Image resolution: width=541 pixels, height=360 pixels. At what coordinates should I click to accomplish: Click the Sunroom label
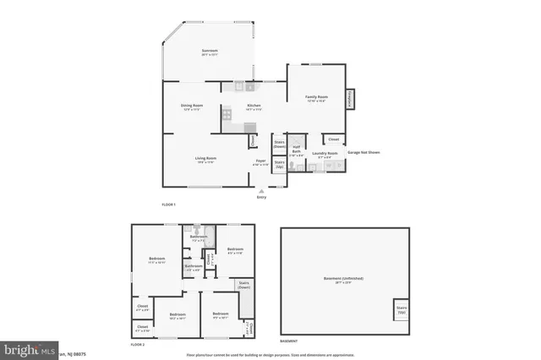click(210, 53)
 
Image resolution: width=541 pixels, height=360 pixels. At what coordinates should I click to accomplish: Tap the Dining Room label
click(192, 106)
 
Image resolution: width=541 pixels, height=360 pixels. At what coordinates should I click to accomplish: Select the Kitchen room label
click(254, 106)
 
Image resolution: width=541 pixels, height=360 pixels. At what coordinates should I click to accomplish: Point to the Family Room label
click(316, 99)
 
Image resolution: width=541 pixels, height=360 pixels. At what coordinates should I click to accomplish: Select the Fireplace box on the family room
click(348, 99)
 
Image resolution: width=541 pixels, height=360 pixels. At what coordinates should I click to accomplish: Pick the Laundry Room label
click(327, 155)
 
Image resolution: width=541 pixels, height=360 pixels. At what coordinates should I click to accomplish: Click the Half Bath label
click(297, 152)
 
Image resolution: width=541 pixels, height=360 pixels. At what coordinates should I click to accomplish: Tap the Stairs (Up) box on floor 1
click(279, 165)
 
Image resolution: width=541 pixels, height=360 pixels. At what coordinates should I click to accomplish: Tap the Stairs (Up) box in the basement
click(401, 312)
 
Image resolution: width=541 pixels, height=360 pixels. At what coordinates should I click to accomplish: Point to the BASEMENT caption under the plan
click(289, 341)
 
